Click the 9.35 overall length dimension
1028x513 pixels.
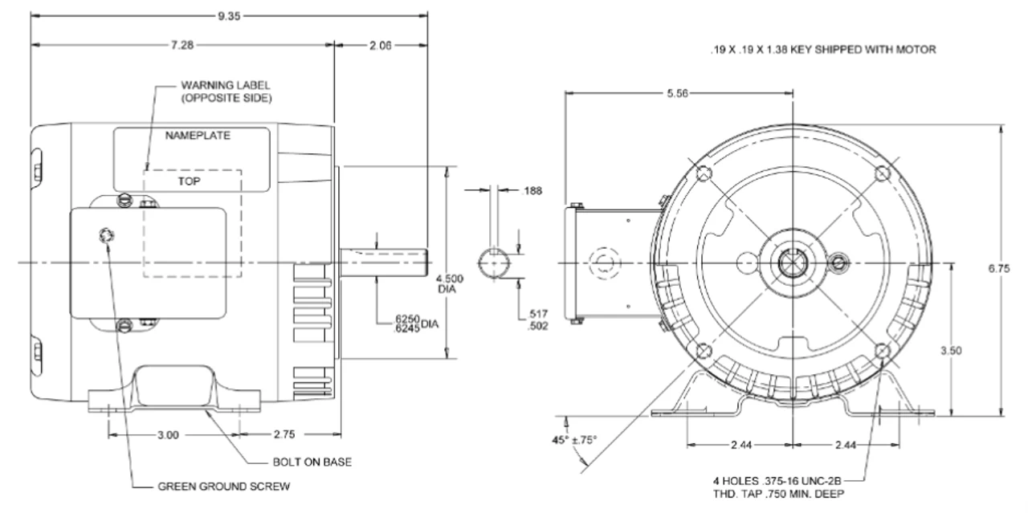[x=225, y=14]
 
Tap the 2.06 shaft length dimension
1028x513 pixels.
[x=379, y=46]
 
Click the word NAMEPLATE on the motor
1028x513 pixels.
[x=198, y=136]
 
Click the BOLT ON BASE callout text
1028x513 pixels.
[x=309, y=462]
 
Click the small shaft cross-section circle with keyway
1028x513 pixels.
[x=496, y=263]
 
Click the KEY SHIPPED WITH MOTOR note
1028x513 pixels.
[x=822, y=50]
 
